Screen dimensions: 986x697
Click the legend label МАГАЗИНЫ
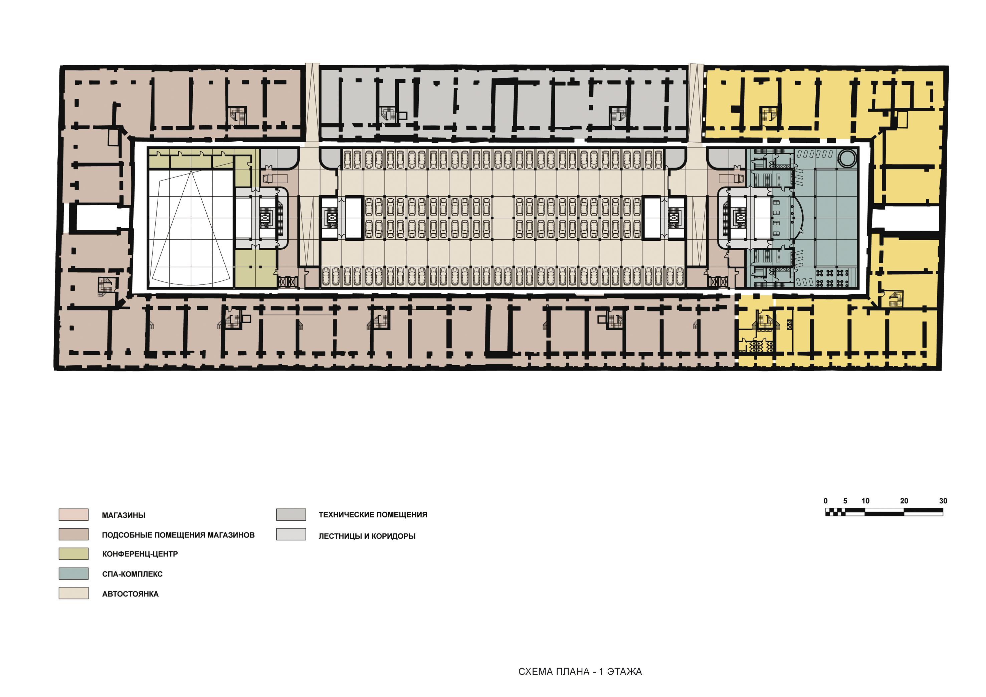click(x=124, y=515)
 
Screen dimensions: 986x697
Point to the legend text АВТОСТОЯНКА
click(x=130, y=594)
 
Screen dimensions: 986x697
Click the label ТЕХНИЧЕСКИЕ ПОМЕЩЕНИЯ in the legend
click(x=373, y=514)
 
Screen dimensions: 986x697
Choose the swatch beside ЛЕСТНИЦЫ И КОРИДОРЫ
click(x=291, y=534)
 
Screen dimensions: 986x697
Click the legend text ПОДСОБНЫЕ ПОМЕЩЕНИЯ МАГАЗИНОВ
click(x=178, y=535)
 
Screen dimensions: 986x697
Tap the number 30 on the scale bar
click(x=943, y=501)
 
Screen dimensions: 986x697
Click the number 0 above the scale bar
click(x=825, y=501)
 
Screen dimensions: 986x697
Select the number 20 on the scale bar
click(x=904, y=501)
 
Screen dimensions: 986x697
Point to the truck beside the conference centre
click(x=275, y=178)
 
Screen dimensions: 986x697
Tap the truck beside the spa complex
click(x=731, y=178)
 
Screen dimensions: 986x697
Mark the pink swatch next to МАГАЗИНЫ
click(x=73, y=514)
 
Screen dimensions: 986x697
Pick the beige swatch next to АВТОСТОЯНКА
click(x=73, y=593)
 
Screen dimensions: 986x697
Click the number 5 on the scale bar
click(x=845, y=501)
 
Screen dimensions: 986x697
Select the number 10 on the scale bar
click(x=865, y=501)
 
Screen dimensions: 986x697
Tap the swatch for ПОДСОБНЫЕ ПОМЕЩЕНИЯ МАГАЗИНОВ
click(x=73, y=534)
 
